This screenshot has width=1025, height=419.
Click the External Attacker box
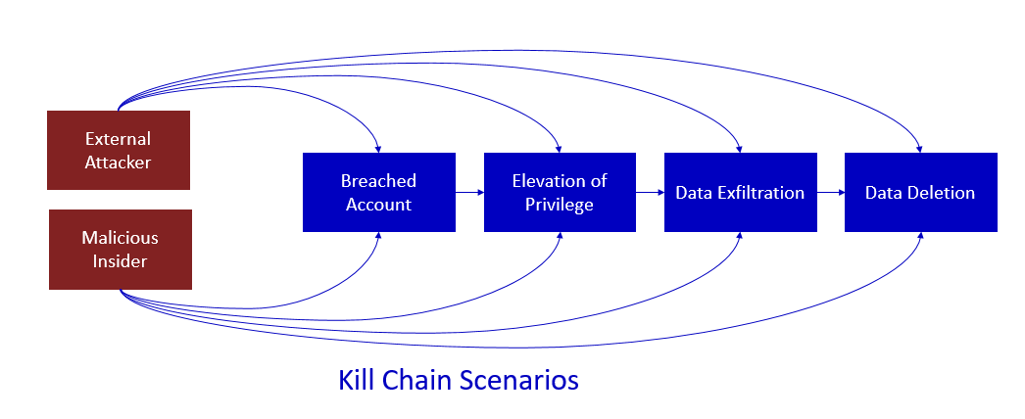(119, 150)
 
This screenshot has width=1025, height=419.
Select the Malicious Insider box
(121, 250)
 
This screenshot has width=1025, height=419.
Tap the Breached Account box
(379, 193)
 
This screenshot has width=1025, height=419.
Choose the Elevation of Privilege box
(560, 193)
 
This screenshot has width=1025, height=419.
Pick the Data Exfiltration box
(741, 193)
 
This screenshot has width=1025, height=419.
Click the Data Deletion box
(921, 193)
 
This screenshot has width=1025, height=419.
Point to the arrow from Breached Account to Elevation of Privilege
(469, 193)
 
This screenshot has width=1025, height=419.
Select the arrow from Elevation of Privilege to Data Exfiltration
(650, 193)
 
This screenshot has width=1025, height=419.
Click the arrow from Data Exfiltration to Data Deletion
(831, 193)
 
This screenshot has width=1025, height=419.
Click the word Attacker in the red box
(119, 162)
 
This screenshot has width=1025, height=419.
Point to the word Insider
(121, 261)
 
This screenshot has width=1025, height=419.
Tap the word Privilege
(560, 205)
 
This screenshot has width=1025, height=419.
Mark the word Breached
(378, 181)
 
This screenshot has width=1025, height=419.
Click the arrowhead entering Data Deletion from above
(919, 149)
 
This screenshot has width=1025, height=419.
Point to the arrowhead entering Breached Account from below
(378, 236)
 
